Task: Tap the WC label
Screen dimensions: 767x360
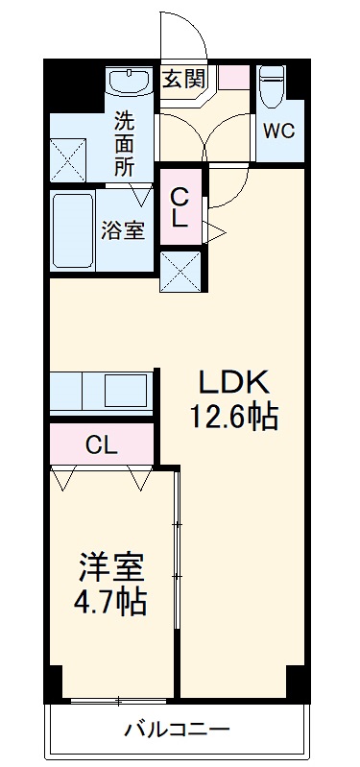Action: pyautogui.click(x=279, y=131)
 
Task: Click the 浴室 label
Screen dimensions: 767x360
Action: pyautogui.click(x=124, y=231)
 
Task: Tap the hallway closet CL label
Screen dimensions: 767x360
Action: pyautogui.click(x=180, y=206)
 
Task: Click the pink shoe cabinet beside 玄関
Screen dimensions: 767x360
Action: pyautogui.click(x=232, y=78)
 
